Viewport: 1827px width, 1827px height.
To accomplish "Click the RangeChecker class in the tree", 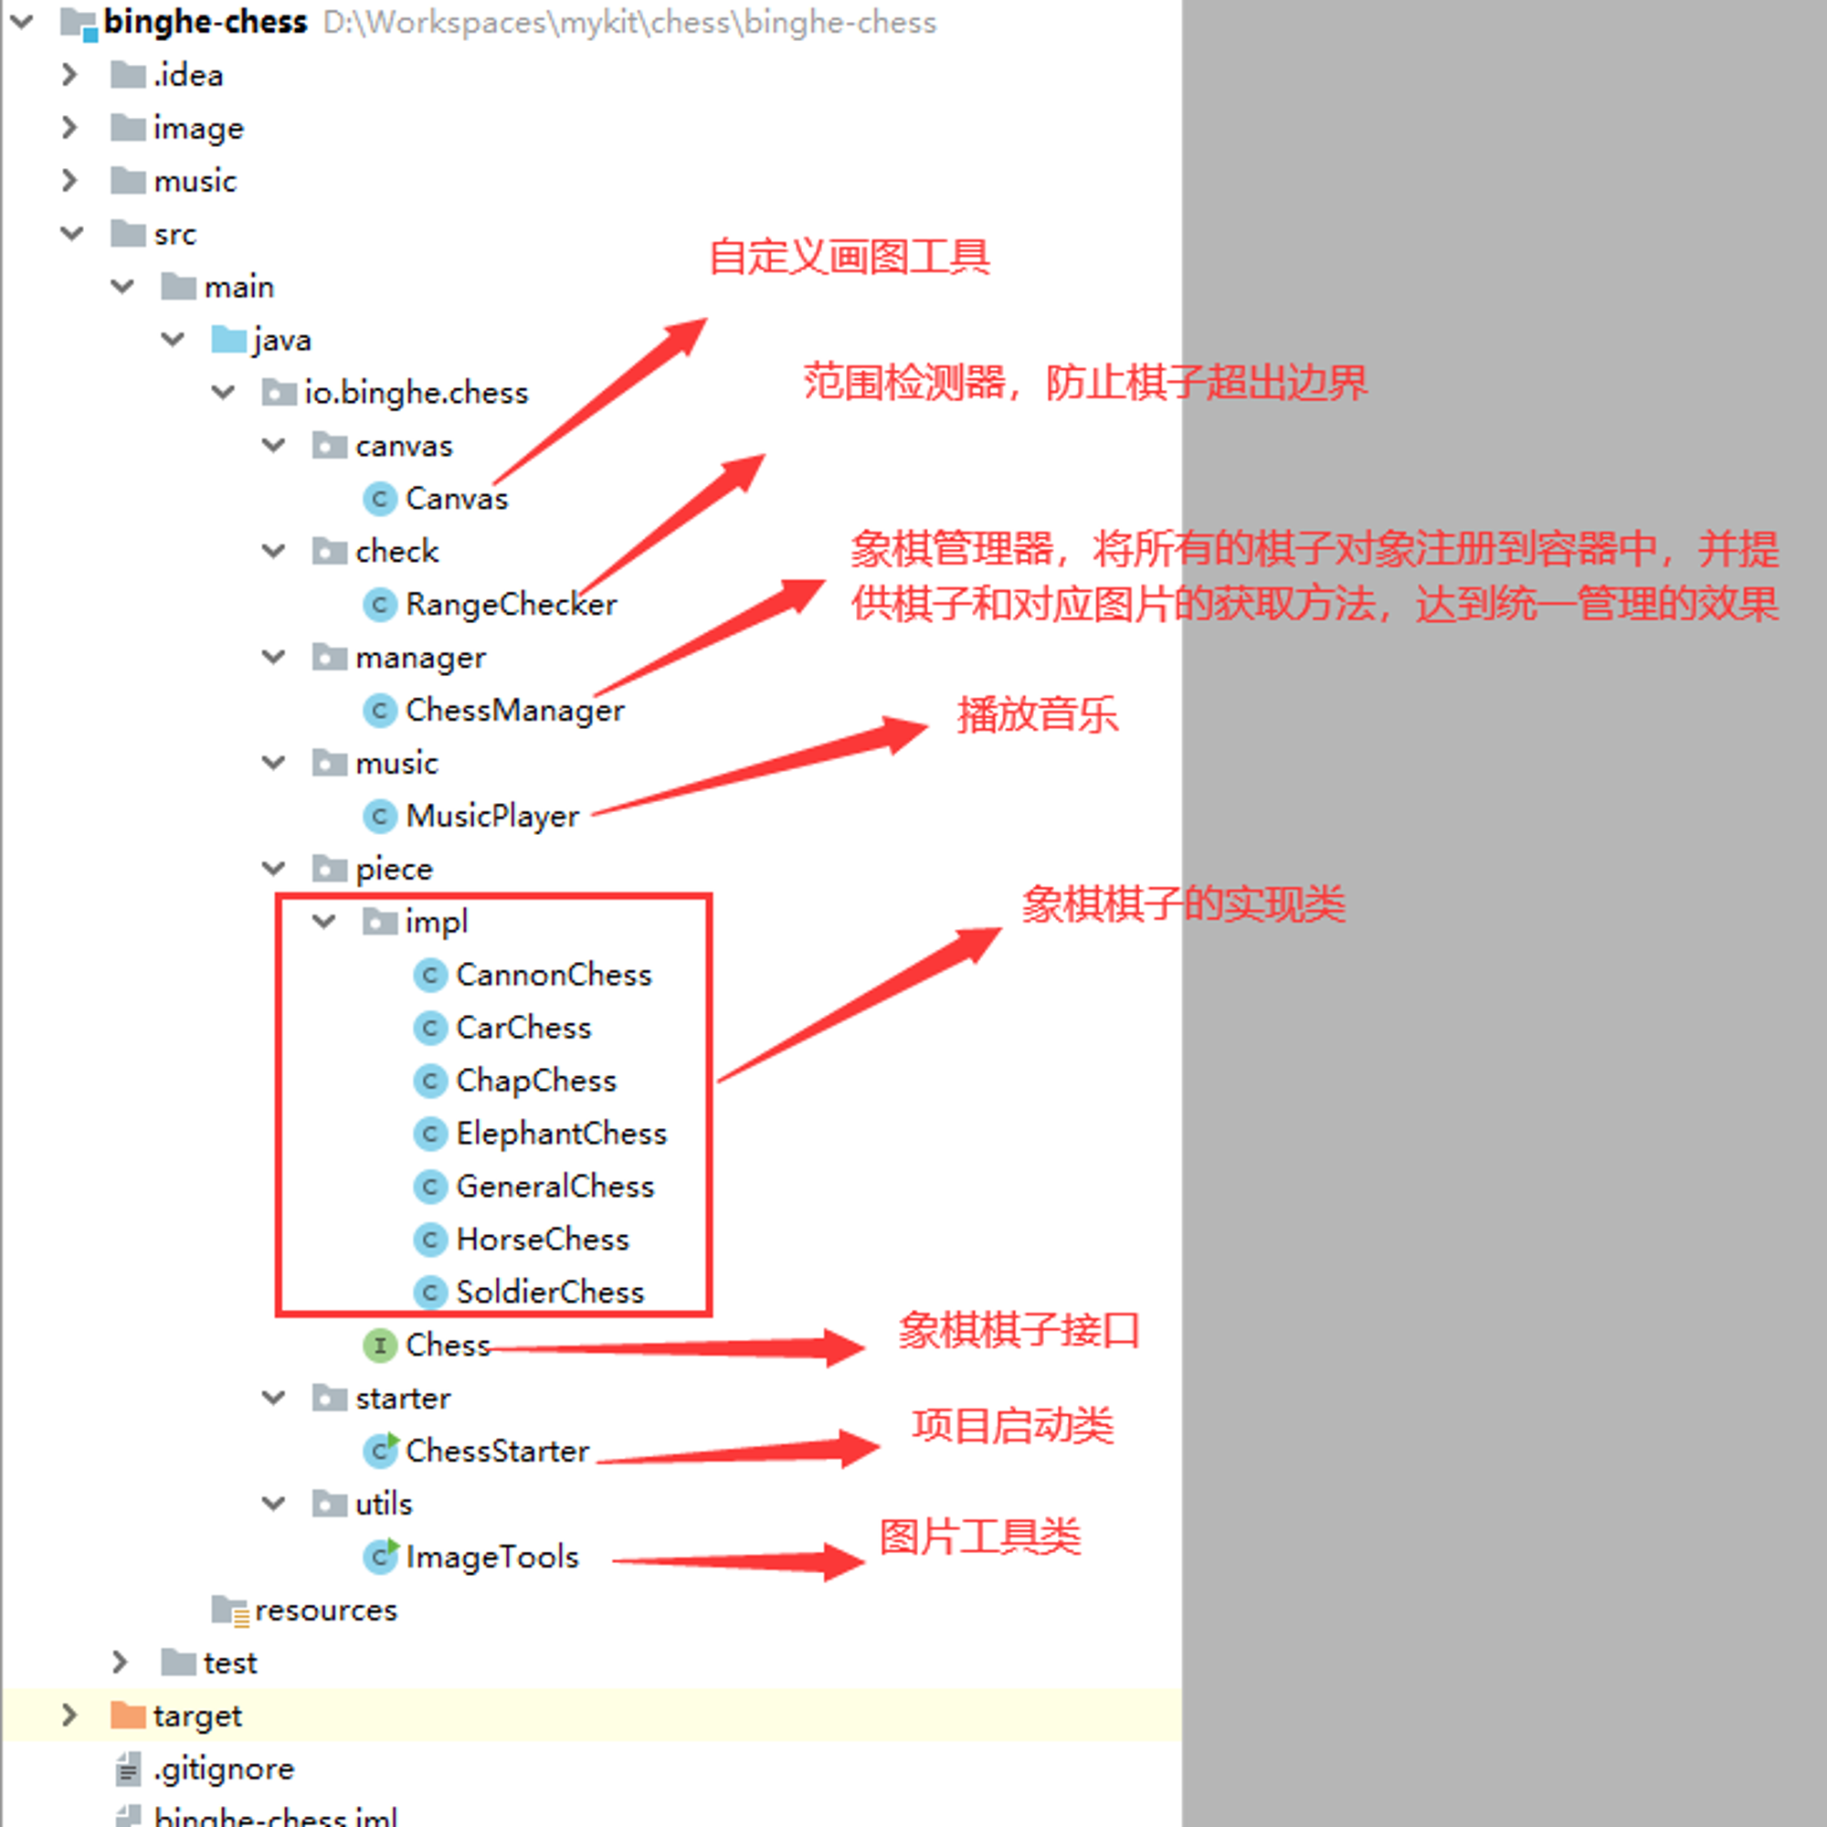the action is (511, 604).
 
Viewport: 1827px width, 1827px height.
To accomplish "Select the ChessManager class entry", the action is (514, 710).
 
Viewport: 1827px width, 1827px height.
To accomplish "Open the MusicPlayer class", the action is (491, 816).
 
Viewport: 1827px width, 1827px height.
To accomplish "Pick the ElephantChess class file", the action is (561, 1133).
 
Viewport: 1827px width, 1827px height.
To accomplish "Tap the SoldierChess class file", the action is (549, 1292).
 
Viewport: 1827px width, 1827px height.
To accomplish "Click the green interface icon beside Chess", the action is (379, 1345).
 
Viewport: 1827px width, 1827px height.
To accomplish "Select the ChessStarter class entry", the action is (498, 1451).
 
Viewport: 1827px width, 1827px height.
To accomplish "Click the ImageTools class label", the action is (491, 1557).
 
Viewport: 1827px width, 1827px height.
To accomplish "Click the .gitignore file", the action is (223, 1769).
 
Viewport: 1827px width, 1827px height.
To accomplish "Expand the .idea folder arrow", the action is (69, 74).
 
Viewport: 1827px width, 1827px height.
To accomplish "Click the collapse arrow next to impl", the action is (324, 921).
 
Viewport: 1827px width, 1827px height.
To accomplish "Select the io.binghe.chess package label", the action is (416, 393).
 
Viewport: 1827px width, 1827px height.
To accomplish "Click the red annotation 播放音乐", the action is (1038, 714).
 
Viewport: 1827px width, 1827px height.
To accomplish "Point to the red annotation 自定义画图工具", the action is (850, 257).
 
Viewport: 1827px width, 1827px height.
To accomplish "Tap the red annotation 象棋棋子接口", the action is (1019, 1331).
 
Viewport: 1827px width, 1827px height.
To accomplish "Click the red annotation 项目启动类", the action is (1013, 1425).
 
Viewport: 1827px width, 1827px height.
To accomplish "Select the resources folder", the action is (325, 1610).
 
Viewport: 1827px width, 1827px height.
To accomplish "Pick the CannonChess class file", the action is (554, 974).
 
